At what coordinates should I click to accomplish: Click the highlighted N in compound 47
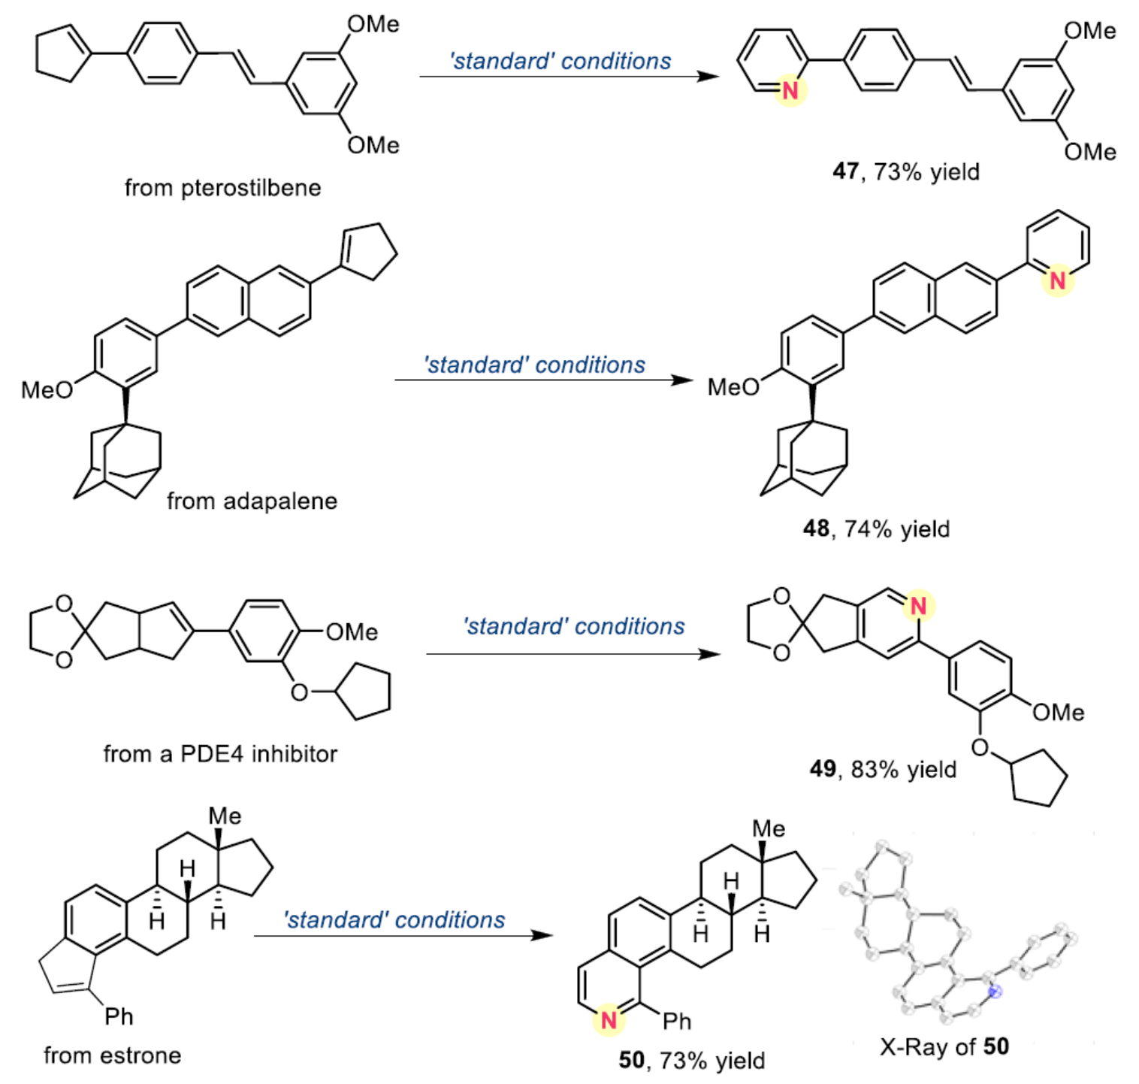[x=790, y=91]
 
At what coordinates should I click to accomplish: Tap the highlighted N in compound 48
[x=1057, y=280]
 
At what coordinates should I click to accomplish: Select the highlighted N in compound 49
[x=917, y=606]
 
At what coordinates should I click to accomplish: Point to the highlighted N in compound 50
[x=609, y=1020]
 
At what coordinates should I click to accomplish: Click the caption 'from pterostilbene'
[x=222, y=187]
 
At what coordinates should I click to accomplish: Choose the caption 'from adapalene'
[x=252, y=501]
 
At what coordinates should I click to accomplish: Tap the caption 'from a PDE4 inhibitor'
[x=220, y=753]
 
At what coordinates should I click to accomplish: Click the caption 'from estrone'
[x=112, y=1055]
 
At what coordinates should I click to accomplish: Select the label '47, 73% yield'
[x=905, y=171]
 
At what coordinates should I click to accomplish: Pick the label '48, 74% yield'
[x=876, y=528]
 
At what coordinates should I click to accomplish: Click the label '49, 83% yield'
[x=883, y=769]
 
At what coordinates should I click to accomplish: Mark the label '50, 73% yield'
[x=691, y=1060]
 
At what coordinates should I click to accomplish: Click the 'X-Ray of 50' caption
[x=944, y=1046]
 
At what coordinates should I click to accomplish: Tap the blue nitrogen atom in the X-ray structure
[x=995, y=992]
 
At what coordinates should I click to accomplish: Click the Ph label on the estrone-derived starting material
[x=119, y=1016]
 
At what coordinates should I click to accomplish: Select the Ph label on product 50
[x=676, y=1021]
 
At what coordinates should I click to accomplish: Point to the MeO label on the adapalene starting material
[x=47, y=389]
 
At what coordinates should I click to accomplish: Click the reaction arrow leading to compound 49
[x=573, y=654]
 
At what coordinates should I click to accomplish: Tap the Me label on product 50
[x=769, y=828]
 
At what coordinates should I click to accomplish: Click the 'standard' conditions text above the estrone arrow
[x=394, y=919]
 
